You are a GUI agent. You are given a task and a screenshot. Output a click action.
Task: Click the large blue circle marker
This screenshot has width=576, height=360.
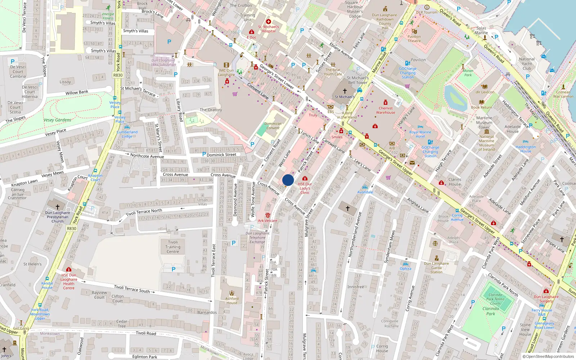point(288,180)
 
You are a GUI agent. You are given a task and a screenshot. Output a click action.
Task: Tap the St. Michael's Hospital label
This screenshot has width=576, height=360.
point(268,29)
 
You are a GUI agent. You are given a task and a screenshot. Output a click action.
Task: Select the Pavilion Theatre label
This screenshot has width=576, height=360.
point(414,39)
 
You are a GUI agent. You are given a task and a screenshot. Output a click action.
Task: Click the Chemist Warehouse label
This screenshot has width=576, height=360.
point(386,110)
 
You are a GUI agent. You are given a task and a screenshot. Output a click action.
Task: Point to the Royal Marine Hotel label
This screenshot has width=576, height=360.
point(420,134)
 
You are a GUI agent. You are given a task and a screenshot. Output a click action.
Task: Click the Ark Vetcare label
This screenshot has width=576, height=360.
point(267,221)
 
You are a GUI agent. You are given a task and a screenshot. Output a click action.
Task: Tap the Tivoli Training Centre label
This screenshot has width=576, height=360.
point(173,247)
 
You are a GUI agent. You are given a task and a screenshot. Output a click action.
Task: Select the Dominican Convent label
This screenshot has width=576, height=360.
point(273,126)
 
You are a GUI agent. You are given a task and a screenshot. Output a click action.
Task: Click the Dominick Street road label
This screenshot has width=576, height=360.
point(221,155)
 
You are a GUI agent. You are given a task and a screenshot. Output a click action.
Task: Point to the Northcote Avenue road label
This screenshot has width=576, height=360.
point(147,156)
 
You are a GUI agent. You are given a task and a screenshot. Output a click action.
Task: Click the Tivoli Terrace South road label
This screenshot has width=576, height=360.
point(132,289)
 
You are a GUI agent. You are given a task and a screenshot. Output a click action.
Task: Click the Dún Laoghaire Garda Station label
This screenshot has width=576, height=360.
point(436,267)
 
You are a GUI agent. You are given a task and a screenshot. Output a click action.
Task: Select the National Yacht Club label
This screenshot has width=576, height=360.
point(527,64)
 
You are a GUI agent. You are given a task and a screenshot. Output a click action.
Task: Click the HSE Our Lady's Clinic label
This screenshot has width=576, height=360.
point(305,188)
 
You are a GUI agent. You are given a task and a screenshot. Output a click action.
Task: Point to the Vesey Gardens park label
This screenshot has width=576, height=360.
point(57,120)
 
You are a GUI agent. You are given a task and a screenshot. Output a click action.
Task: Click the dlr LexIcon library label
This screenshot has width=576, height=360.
point(485,92)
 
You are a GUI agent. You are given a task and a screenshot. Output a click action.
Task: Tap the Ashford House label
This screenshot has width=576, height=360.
point(232,301)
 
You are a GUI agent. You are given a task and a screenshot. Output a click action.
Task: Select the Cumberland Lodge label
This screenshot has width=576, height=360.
point(127,134)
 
